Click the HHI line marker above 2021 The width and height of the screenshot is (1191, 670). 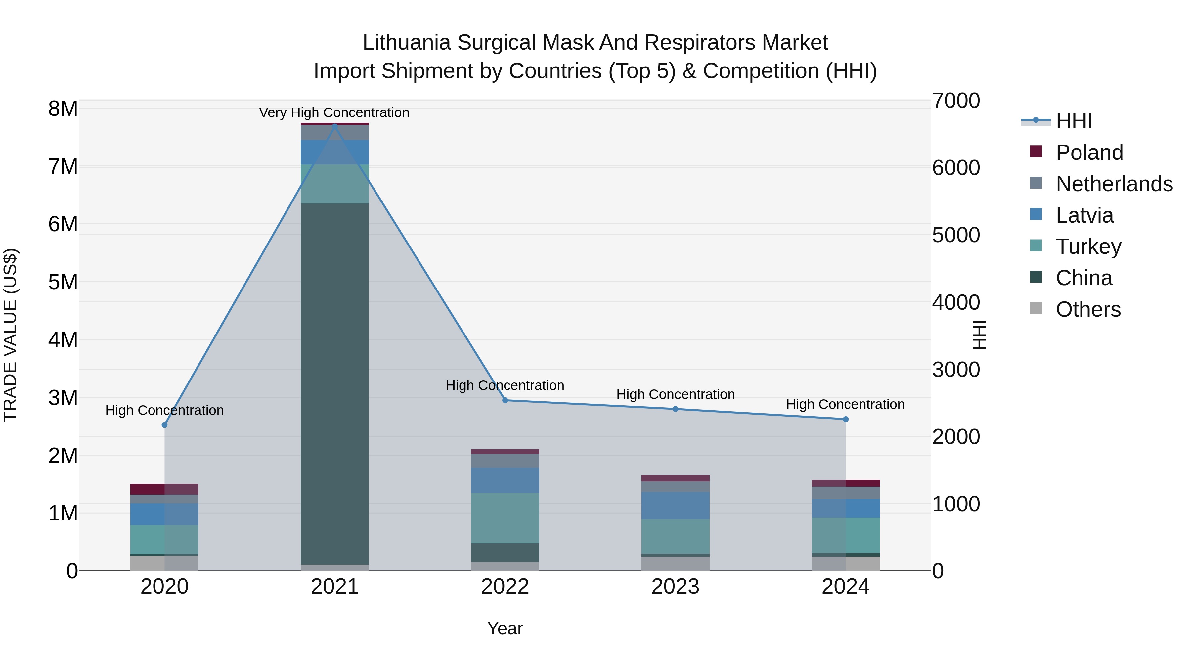pos(335,126)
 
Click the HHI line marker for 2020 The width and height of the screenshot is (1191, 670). pos(165,425)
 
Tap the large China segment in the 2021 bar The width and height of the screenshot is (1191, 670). pos(335,384)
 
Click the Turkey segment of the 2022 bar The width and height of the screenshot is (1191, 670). pos(505,518)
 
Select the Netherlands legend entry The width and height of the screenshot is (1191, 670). pos(1114,184)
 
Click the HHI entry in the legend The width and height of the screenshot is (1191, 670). pos(1074,121)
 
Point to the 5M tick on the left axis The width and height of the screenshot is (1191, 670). pos(63,282)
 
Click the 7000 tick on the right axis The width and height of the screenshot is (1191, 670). pos(956,101)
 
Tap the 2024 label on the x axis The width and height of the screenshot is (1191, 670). pos(845,587)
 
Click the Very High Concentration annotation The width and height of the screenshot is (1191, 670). pos(334,112)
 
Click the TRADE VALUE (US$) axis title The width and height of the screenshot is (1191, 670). pos(10,335)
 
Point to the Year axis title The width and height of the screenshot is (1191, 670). pos(505,628)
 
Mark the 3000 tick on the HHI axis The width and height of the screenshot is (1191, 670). pos(956,370)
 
